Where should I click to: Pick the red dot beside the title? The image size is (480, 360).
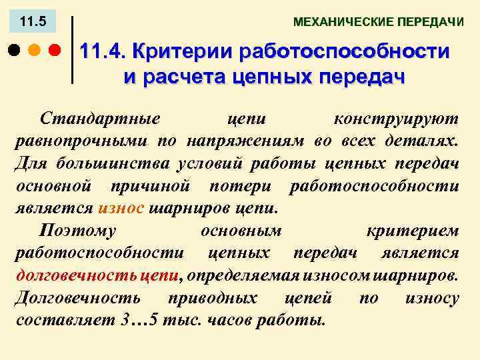(55, 51)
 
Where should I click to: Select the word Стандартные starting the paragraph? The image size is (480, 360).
(99, 119)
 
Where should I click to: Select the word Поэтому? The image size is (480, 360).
(78, 230)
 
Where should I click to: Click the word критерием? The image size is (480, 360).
(412, 230)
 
